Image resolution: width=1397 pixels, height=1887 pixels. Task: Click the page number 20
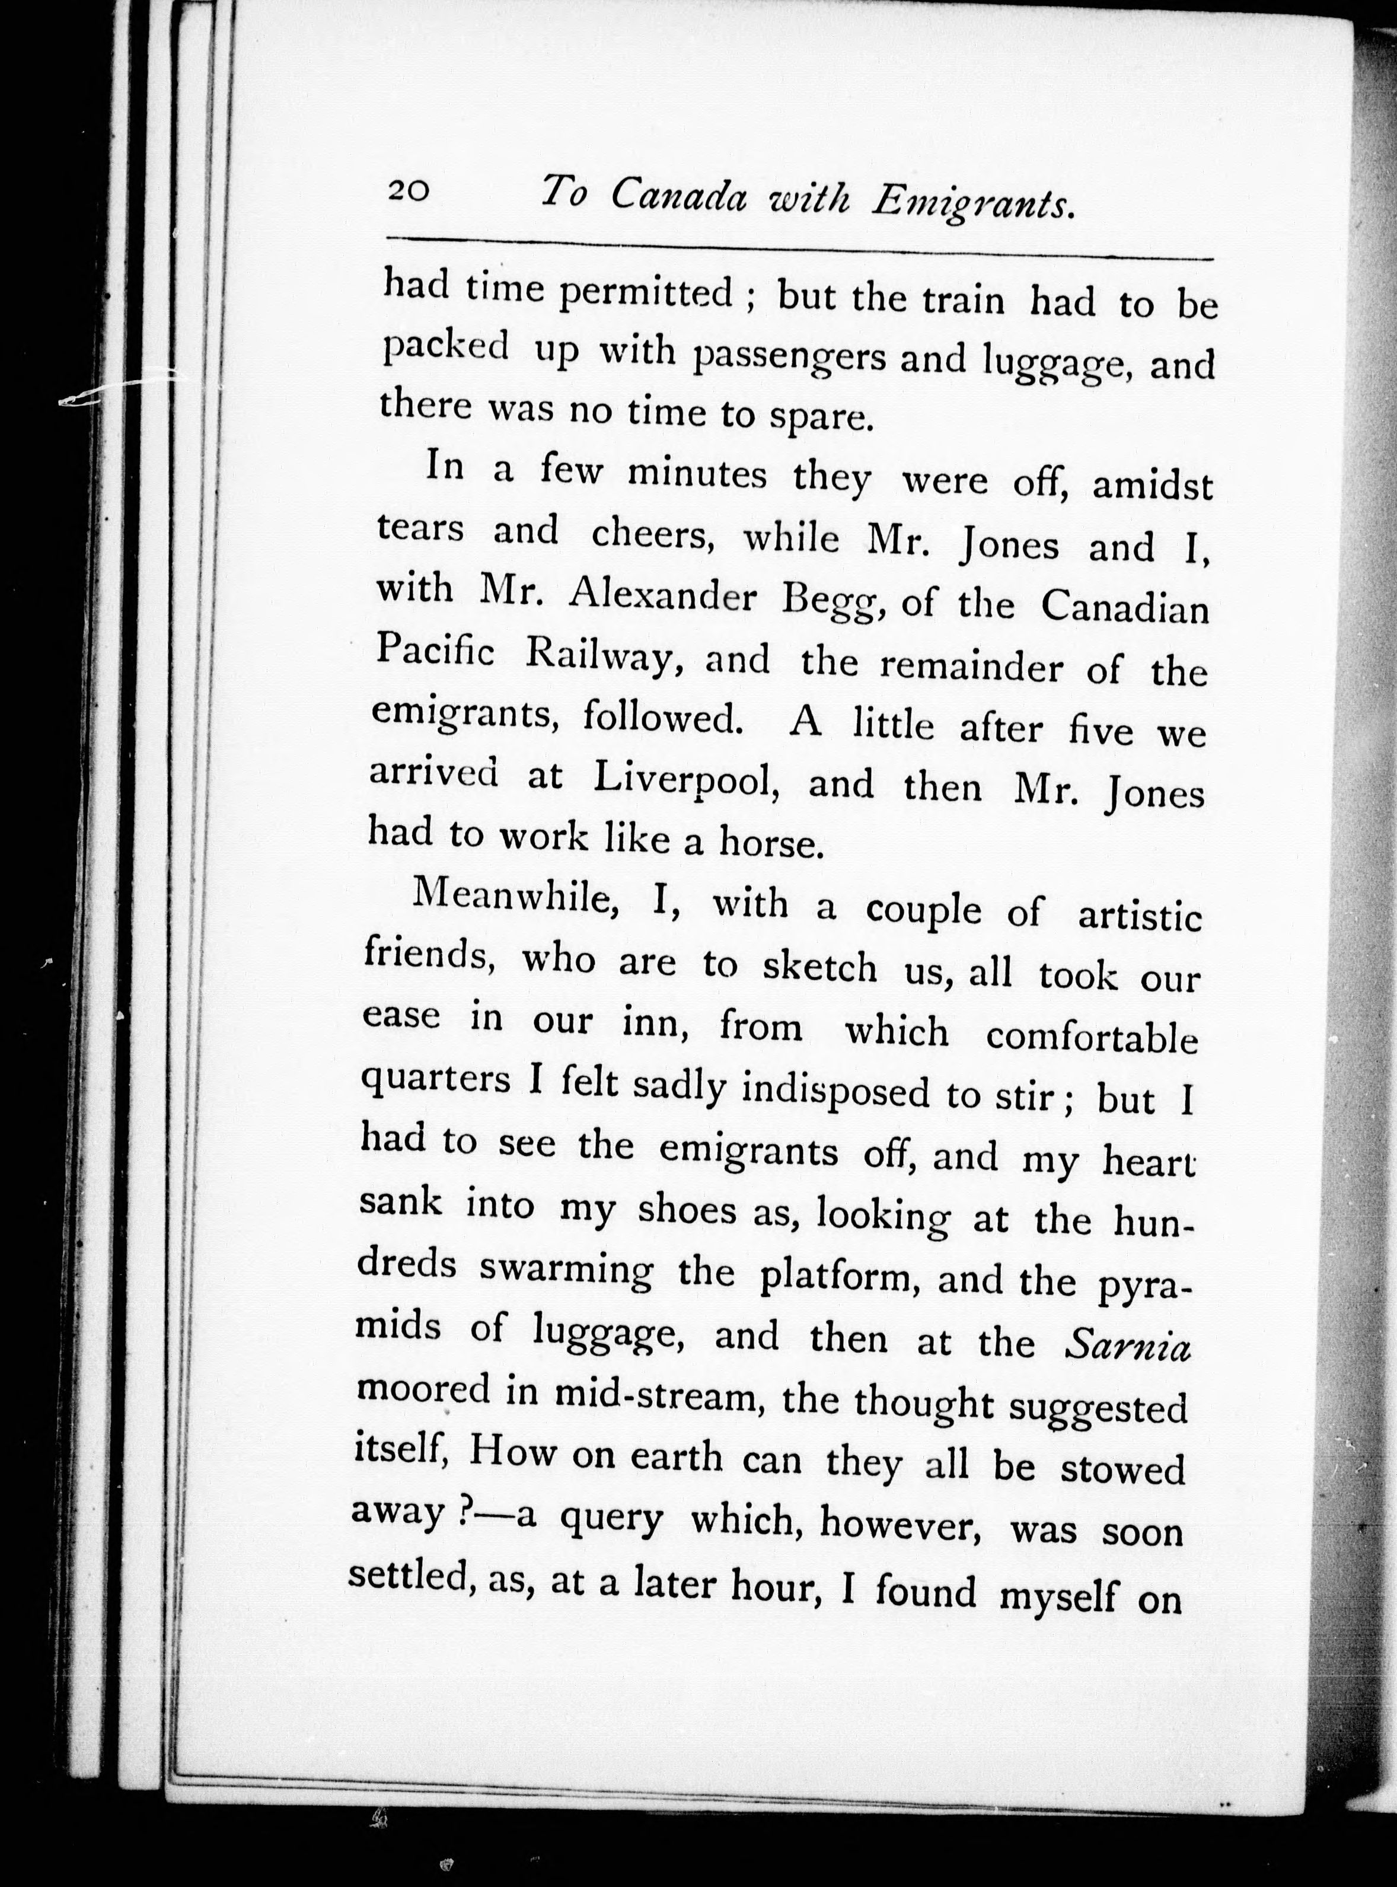click(x=409, y=190)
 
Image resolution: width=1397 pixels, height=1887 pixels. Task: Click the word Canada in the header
click(x=678, y=197)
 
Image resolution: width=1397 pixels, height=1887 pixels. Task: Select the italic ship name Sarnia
click(x=1128, y=1346)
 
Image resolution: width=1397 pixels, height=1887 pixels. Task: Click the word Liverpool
click(x=685, y=782)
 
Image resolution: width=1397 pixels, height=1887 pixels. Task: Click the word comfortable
click(x=1092, y=1036)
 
